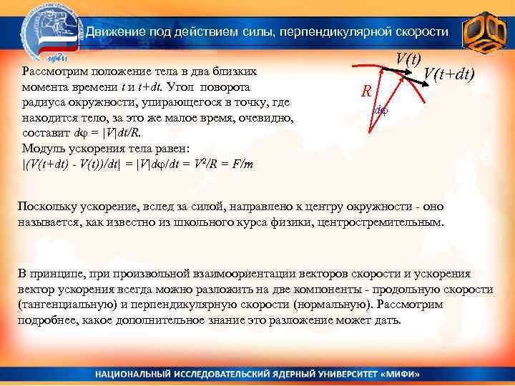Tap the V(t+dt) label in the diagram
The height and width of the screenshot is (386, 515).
(x=449, y=74)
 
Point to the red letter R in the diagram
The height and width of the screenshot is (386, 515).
(x=366, y=92)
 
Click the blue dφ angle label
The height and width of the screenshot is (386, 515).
(x=381, y=111)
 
